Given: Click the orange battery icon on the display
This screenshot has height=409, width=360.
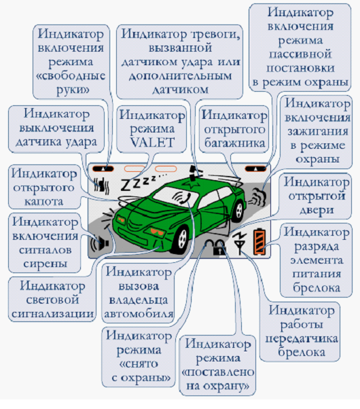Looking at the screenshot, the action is click(259, 242).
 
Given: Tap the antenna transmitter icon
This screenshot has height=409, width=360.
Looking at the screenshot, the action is click(240, 243).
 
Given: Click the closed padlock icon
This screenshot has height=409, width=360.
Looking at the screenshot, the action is click(219, 248).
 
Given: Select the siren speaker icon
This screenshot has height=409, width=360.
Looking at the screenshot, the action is click(99, 244).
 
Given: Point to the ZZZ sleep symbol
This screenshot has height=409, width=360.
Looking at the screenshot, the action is click(141, 181).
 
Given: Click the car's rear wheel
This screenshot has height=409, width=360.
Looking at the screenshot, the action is click(238, 212).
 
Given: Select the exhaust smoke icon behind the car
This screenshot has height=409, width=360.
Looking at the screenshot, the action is click(257, 197).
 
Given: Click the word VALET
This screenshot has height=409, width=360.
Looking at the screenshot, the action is click(152, 143).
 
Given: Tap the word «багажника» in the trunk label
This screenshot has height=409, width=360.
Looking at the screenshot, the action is click(234, 143).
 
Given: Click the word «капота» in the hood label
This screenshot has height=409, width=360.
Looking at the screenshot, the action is click(44, 201).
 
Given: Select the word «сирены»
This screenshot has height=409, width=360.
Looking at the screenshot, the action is click(45, 264).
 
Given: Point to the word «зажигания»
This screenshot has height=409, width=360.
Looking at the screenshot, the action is click(318, 131).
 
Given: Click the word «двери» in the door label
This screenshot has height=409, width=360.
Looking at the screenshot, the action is click(317, 210).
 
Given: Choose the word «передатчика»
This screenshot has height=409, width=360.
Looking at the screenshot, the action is click(302, 338).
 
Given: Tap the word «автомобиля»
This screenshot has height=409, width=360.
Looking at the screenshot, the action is click(139, 313).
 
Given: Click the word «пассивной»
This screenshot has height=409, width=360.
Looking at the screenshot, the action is click(300, 54).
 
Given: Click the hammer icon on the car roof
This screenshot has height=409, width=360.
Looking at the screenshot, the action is click(193, 173).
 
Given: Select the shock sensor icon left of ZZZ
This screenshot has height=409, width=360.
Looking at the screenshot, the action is click(101, 185).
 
